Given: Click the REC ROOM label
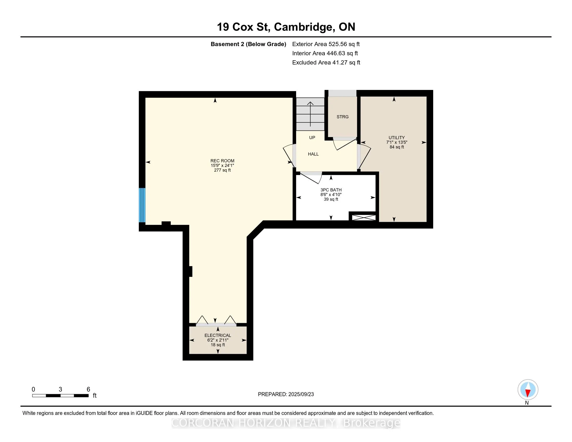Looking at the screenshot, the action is [x=222, y=161].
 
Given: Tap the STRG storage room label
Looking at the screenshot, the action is [x=343, y=117].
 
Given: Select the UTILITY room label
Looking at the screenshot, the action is [x=396, y=138].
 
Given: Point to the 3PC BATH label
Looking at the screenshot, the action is [x=331, y=190].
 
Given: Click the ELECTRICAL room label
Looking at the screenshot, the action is [x=218, y=335].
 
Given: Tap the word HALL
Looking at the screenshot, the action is [x=313, y=154].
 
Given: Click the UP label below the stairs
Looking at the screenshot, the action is [x=312, y=138].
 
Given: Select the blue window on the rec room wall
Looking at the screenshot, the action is [x=142, y=205].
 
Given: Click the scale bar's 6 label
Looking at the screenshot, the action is [x=88, y=389].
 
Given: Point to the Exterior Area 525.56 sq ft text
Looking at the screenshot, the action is [x=326, y=44].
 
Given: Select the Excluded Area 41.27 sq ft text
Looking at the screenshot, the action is [x=326, y=62].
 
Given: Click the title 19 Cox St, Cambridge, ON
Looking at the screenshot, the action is [x=286, y=27].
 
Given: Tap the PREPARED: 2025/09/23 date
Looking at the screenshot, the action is [x=286, y=394].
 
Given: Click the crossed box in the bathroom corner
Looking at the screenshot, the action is [x=364, y=217].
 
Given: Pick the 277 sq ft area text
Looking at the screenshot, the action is [x=222, y=170].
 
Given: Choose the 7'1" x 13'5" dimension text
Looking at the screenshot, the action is [x=396, y=142].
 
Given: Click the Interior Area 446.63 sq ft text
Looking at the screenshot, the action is [x=325, y=53].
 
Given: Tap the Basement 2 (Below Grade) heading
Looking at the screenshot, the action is [x=248, y=44].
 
